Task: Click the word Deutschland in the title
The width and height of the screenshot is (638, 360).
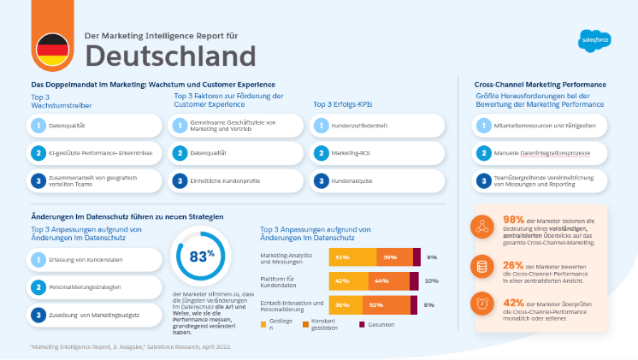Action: click(x=170, y=56)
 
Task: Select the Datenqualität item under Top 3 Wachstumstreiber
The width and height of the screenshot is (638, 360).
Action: click(x=94, y=126)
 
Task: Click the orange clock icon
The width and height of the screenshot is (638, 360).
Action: click(x=483, y=304)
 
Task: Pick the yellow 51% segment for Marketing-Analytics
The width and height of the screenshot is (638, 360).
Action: click(x=342, y=257)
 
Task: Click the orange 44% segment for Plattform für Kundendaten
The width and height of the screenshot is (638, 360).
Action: click(x=382, y=280)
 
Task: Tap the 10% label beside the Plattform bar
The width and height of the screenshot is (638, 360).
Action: click(x=431, y=280)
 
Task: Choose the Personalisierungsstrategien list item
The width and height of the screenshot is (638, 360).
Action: click(x=94, y=286)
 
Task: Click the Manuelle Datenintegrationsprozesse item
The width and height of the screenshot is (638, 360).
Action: click(x=541, y=154)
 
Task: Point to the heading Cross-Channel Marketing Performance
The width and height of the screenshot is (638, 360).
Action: click(x=541, y=85)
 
